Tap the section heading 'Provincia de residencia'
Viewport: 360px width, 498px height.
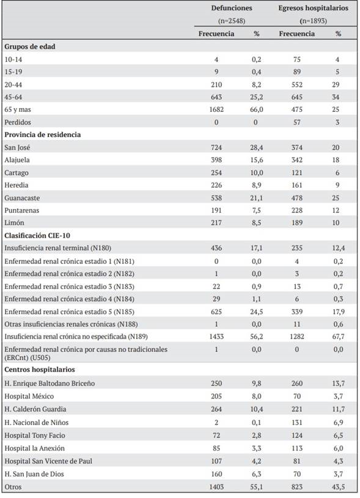(x=42, y=134)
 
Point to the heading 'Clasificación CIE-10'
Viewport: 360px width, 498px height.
(x=37, y=235)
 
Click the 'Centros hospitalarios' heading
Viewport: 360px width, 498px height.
(x=39, y=370)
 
